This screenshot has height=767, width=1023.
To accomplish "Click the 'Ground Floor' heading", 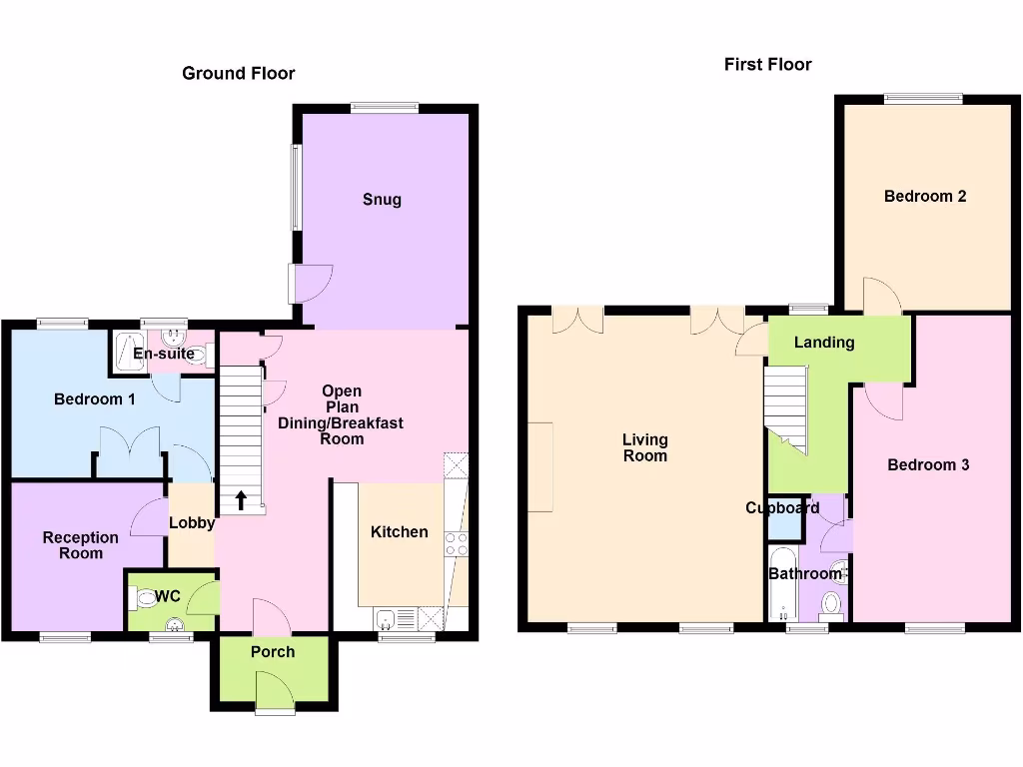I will click(x=238, y=73).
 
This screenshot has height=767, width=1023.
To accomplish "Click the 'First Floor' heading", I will click(x=767, y=64).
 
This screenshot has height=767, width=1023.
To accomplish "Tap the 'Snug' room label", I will click(x=382, y=199).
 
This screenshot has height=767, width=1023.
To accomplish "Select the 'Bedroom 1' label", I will click(x=95, y=398).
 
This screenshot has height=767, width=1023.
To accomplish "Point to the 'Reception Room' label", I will click(x=80, y=545).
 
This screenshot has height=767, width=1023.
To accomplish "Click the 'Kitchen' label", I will click(x=399, y=531).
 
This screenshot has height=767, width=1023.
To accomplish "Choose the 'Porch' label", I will click(x=273, y=651).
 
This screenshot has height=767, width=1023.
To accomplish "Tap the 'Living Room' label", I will click(x=644, y=447).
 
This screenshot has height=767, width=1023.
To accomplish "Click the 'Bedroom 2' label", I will click(x=924, y=196).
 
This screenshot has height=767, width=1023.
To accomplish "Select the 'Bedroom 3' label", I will click(x=928, y=464).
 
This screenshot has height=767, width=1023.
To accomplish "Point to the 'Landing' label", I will click(x=823, y=342).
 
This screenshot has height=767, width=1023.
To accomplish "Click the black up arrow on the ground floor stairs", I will click(x=240, y=498).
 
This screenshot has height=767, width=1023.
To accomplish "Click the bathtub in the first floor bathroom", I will click(x=780, y=584).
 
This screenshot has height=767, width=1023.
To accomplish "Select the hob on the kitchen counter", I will click(x=456, y=544).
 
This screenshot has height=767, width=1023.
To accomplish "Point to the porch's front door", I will click(x=274, y=691).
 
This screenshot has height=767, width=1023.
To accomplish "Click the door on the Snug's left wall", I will click(x=305, y=283).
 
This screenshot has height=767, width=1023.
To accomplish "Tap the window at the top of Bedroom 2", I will click(x=922, y=98).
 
